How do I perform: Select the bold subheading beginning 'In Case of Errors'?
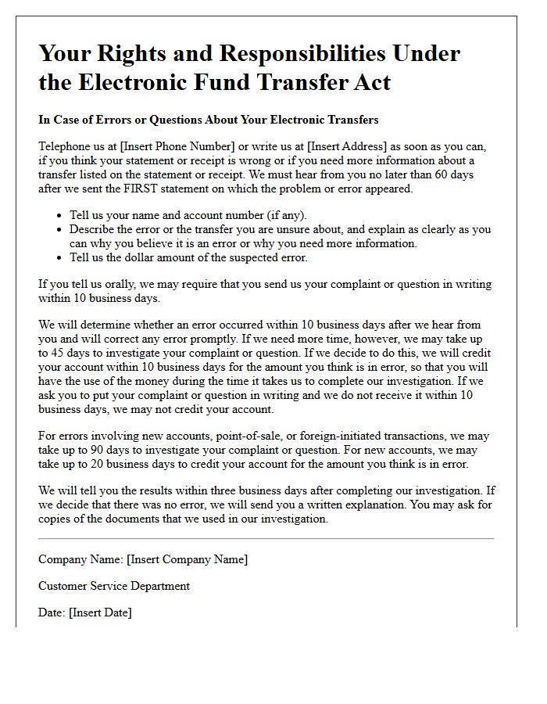(208, 120)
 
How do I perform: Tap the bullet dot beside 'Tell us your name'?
(60, 216)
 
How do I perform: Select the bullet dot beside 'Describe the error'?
(60, 230)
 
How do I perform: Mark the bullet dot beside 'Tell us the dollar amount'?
(60, 258)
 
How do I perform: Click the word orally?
(113, 285)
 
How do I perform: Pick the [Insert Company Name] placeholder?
(187, 559)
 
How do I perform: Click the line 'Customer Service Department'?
(114, 586)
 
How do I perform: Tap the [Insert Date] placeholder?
(100, 612)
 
